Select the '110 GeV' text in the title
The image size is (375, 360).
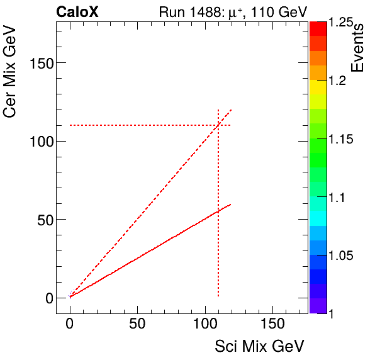click(x=280, y=11)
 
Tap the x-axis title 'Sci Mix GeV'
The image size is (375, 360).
click(x=260, y=346)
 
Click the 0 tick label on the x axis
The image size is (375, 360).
click(x=70, y=324)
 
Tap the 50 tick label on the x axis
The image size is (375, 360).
click(x=137, y=324)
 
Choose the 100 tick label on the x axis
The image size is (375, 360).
click(x=204, y=324)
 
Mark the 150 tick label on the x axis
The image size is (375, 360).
click(x=272, y=324)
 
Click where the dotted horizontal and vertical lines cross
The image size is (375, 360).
click(x=218, y=125)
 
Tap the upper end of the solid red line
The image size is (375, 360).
click(x=231, y=204)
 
